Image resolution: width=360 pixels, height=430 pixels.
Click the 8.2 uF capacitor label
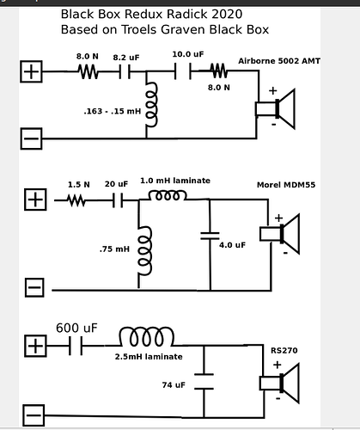[x=126, y=58]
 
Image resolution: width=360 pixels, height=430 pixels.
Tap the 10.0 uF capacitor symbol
[x=183, y=71]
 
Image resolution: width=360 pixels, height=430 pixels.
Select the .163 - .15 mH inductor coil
[x=150, y=104]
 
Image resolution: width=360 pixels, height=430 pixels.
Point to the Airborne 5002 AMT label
[x=279, y=61]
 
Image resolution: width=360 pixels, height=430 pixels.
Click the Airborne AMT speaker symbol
[x=275, y=109]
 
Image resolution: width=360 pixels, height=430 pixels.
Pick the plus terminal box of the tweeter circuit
[x=31, y=71]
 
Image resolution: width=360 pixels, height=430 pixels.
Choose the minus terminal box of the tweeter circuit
[x=31, y=138]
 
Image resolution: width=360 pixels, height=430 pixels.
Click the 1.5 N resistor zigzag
[x=76, y=200]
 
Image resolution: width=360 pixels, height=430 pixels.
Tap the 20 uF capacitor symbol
[x=118, y=200]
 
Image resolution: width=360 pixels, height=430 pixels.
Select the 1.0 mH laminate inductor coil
[x=168, y=196]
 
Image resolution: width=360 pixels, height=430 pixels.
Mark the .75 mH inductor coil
[x=144, y=251]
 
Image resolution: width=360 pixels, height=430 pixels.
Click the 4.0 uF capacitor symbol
[x=210, y=236]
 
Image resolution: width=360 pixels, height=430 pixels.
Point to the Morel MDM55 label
[x=286, y=185]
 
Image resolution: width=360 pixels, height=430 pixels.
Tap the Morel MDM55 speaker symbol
[x=280, y=234]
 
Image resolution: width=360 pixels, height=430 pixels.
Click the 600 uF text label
[x=76, y=328]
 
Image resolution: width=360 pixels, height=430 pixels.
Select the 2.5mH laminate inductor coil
[x=146, y=336]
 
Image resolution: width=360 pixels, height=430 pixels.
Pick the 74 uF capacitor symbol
[x=204, y=382]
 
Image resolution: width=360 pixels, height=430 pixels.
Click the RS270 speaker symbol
[x=279, y=384]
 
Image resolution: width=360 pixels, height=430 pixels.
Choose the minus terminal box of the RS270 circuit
[x=34, y=415]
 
